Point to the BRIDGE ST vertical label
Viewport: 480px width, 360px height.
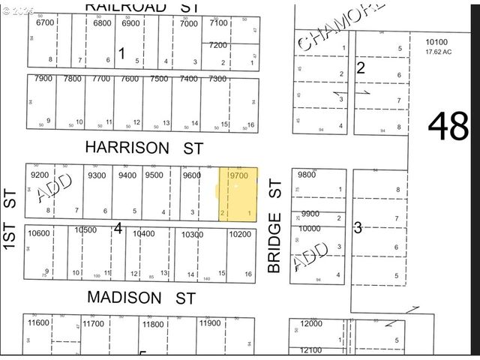274,225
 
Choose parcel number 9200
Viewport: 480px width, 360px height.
40,175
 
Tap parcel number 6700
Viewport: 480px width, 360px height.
45,22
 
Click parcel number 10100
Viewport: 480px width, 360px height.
436,43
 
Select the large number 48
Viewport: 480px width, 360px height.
448,126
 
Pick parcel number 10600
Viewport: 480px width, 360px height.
39,233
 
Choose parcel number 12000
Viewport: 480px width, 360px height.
310,323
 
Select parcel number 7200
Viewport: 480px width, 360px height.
218,45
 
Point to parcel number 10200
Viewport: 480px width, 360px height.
240,234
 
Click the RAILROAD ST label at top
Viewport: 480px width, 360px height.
143,6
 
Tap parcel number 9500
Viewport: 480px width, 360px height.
154,175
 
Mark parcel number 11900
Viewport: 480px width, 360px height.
210,323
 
